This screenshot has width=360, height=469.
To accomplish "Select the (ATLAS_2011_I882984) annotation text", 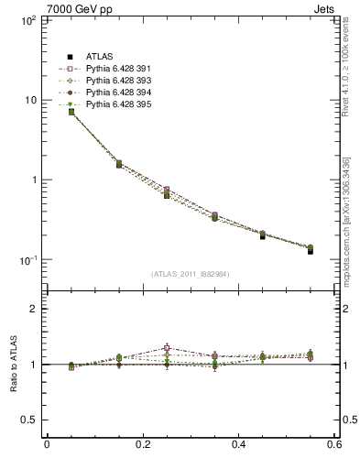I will pyautogui.click(x=191, y=274).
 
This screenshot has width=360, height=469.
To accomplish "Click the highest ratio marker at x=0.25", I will pyautogui.click(x=167, y=348).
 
